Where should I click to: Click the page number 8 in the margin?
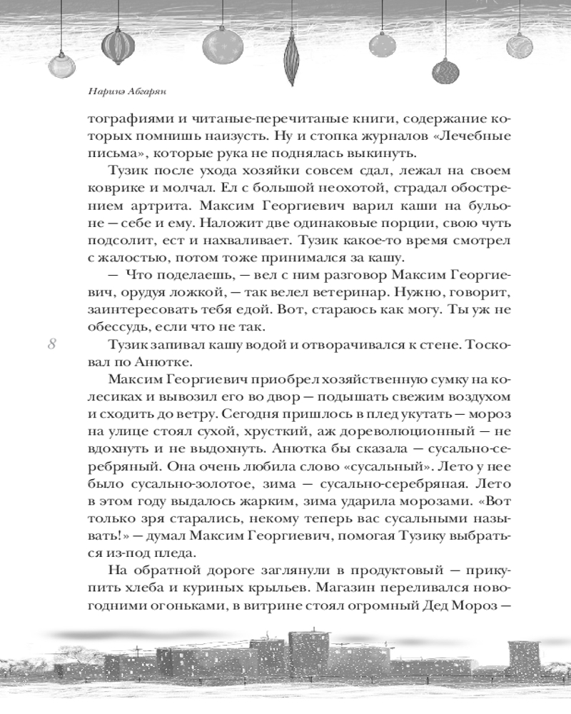[51, 344]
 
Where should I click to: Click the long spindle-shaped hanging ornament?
[290, 61]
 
